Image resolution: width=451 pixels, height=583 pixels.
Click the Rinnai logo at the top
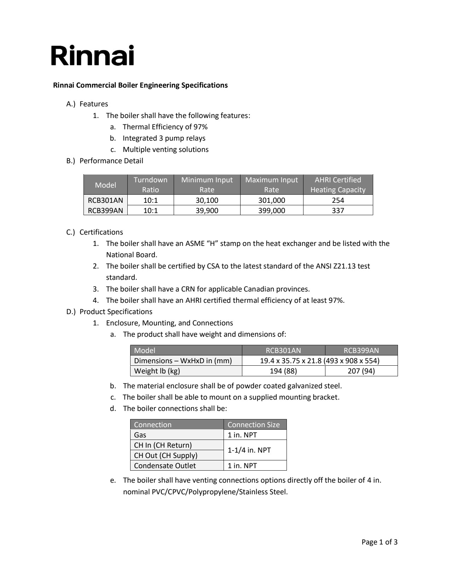[x=92, y=55]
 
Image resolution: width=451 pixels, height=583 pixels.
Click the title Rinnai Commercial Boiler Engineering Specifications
[x=140, y=85]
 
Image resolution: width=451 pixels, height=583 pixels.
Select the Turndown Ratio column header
[x=150, y=184]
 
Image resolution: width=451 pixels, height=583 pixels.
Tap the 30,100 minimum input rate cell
[x=207, y=200]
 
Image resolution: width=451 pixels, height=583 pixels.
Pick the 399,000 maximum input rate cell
[x=271, y=211]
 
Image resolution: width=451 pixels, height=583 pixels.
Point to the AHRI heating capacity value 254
[x=338, y=200]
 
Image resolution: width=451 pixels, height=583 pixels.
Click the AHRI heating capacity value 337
[x=338, y=211]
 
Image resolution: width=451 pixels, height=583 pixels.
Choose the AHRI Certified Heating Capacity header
[x=338, y=184]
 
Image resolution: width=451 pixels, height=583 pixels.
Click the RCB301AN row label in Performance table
[x=105, y=200]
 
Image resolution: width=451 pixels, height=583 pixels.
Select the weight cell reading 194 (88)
[x=283, y=371]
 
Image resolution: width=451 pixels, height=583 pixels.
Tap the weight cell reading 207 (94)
[x=361, y=371]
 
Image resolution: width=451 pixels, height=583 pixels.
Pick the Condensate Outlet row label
[x=165, y=466]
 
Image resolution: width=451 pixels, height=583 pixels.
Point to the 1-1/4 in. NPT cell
[x=249, y=450]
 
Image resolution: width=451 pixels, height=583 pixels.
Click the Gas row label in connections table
[x=140, y=435]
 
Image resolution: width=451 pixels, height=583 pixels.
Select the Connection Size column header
[x=254, y=425]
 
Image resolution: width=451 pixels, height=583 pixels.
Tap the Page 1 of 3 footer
[x=379, y=542]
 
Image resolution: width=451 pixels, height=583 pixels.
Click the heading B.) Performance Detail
[x=105, y=161]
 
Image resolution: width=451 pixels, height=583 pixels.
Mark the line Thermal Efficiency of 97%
[x=165, y=127]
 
